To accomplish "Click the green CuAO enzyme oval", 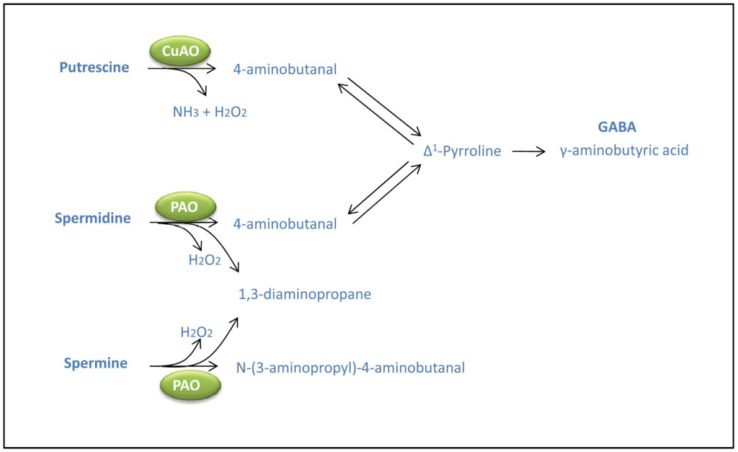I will [x=179, y=51].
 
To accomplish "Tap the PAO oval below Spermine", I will [x=190, y=385].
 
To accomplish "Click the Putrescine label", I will [x=94, y=68].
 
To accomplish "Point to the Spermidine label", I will [x=93, y=218].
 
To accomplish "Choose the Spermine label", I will [x=95, y=363].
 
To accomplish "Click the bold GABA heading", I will [x=617, y=127].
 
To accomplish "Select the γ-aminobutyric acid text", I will [x=624, y=151].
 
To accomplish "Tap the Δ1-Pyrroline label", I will [x=462, y=151].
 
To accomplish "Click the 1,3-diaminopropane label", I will [x=305, y=294].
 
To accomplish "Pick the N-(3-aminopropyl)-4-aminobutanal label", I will [x=350, y=368].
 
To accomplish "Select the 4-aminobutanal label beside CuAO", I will [x=285, y=69].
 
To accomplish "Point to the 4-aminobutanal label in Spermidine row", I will [x=285, y=224].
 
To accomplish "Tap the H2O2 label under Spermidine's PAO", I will [x=205, y=260].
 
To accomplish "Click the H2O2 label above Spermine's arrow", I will [x=196, y=332].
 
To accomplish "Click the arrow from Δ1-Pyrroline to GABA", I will [x=529, y=151].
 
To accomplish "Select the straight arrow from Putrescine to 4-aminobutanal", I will [x=182, y=69].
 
